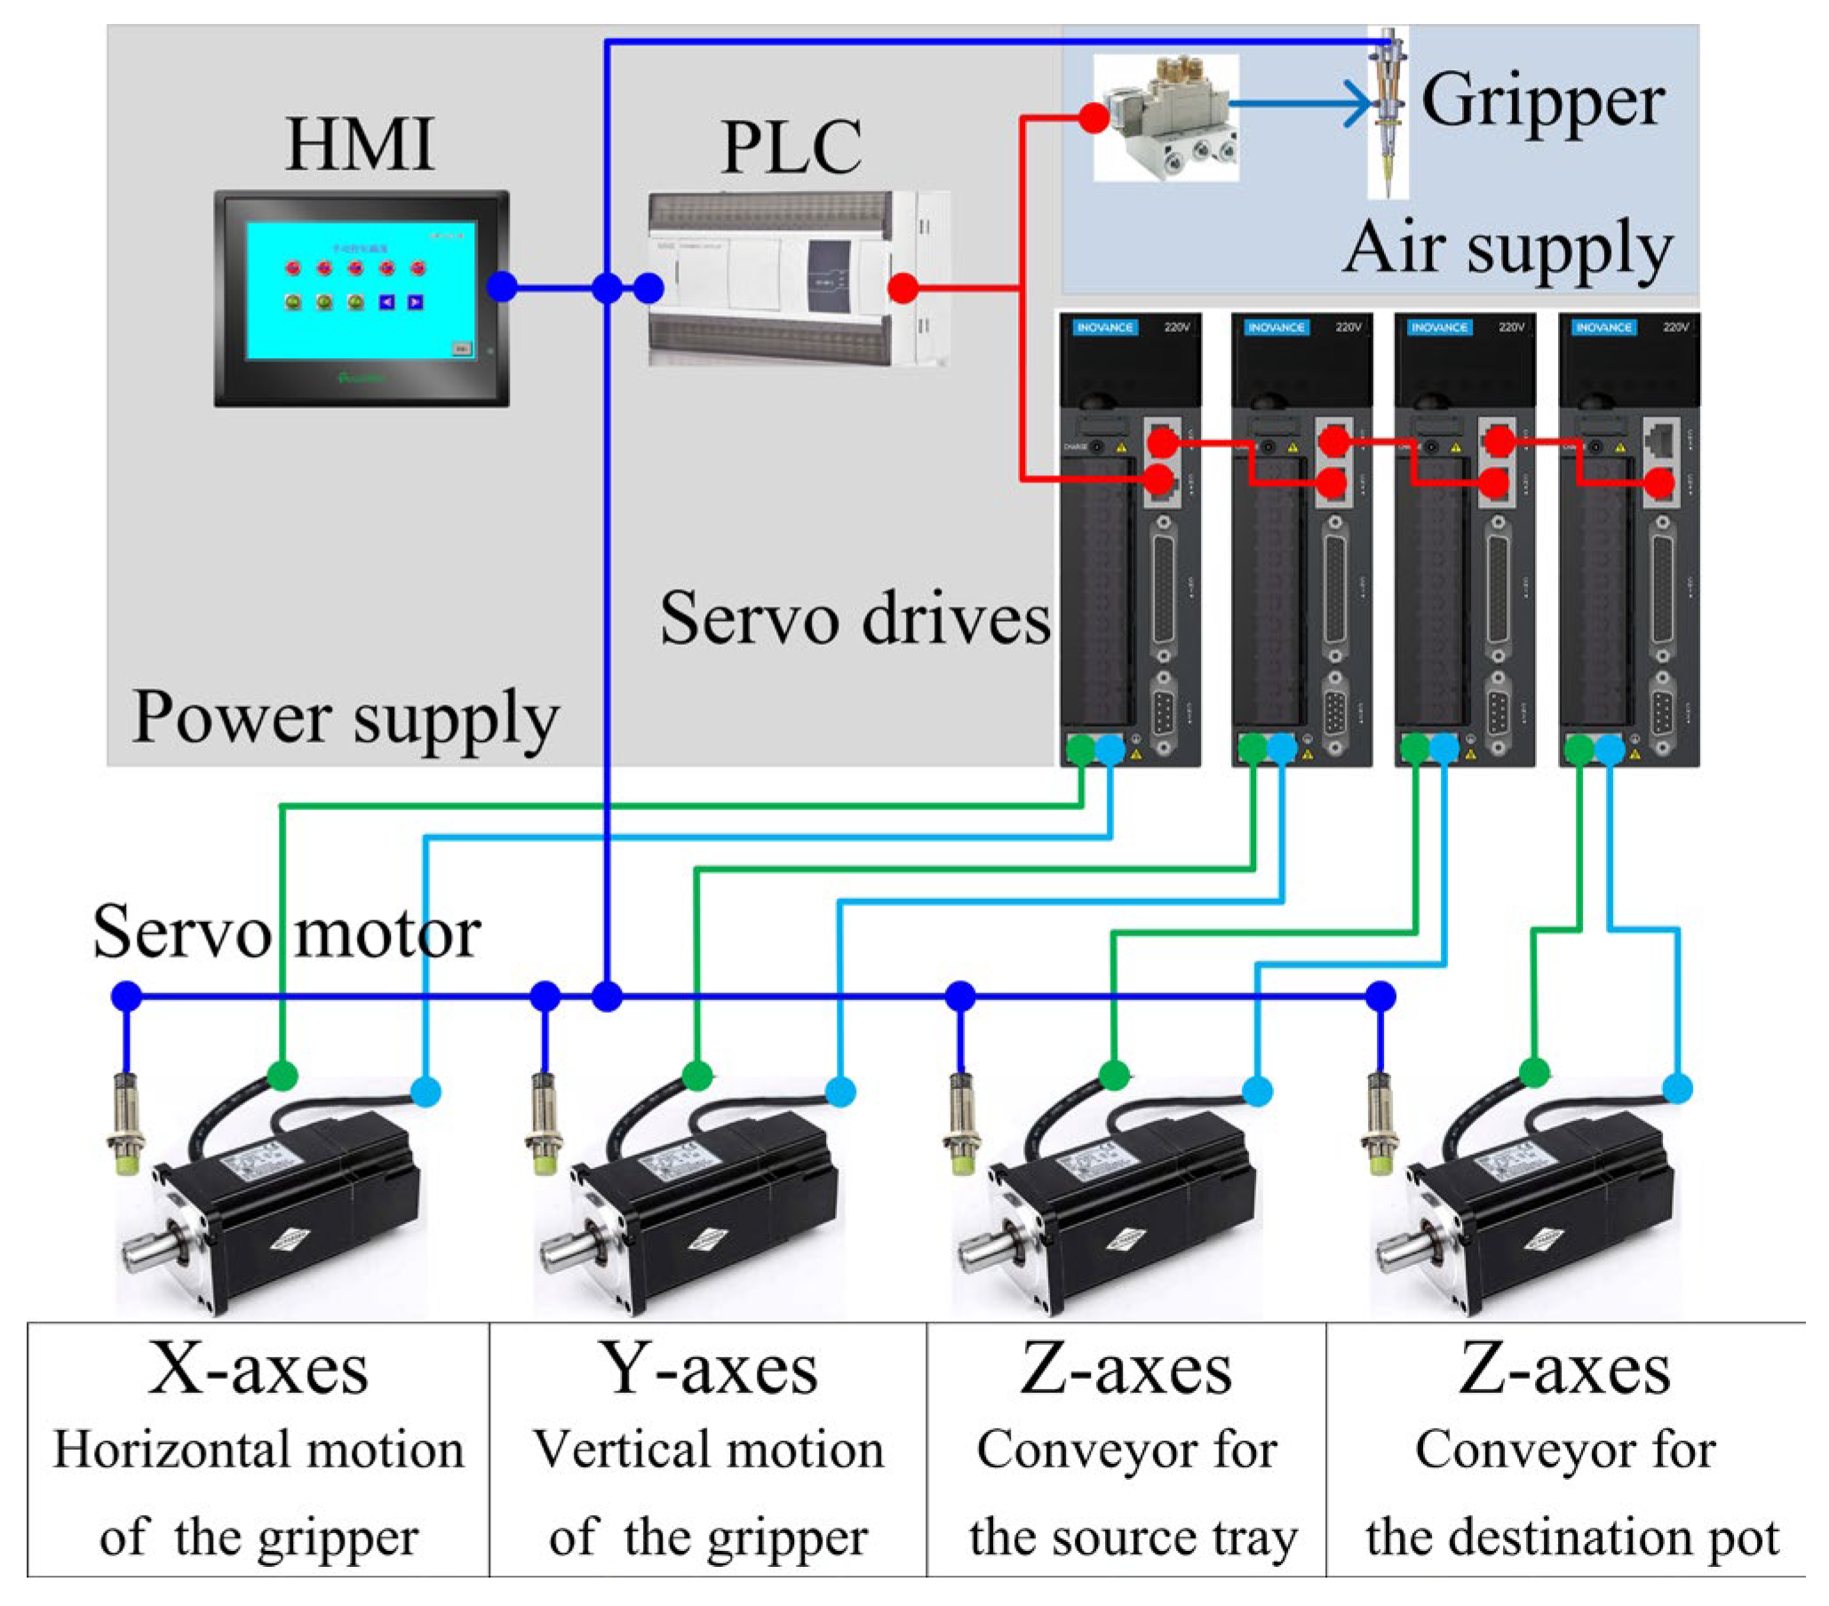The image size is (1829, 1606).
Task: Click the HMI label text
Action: [x=360, y=144]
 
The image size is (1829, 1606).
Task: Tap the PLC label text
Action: [x=791, y=147]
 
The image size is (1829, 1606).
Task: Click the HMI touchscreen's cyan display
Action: [x=360, y=290]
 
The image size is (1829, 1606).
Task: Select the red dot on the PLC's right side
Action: [x=903, y=288]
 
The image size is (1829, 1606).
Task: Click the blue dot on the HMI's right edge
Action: [x=502, y=287]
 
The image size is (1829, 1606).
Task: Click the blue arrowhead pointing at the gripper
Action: [x=1359, y=105]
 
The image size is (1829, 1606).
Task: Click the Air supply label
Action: [x=1507, y=248]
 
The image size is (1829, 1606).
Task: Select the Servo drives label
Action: [x=855, y=619]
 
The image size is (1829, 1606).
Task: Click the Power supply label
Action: [x=346, y=719]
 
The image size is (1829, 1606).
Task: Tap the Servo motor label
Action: [x=286, y=934]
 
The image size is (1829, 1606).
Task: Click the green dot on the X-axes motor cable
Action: [x=282, y=1076]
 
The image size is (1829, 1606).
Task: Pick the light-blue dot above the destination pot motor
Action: [x=1677, y=1088]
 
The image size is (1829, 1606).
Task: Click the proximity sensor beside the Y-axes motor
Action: [x=543, y=1125]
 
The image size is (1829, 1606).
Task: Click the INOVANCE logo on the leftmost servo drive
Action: [x=1104, y=328]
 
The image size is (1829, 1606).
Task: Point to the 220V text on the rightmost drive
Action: [x=1675, y=328]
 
